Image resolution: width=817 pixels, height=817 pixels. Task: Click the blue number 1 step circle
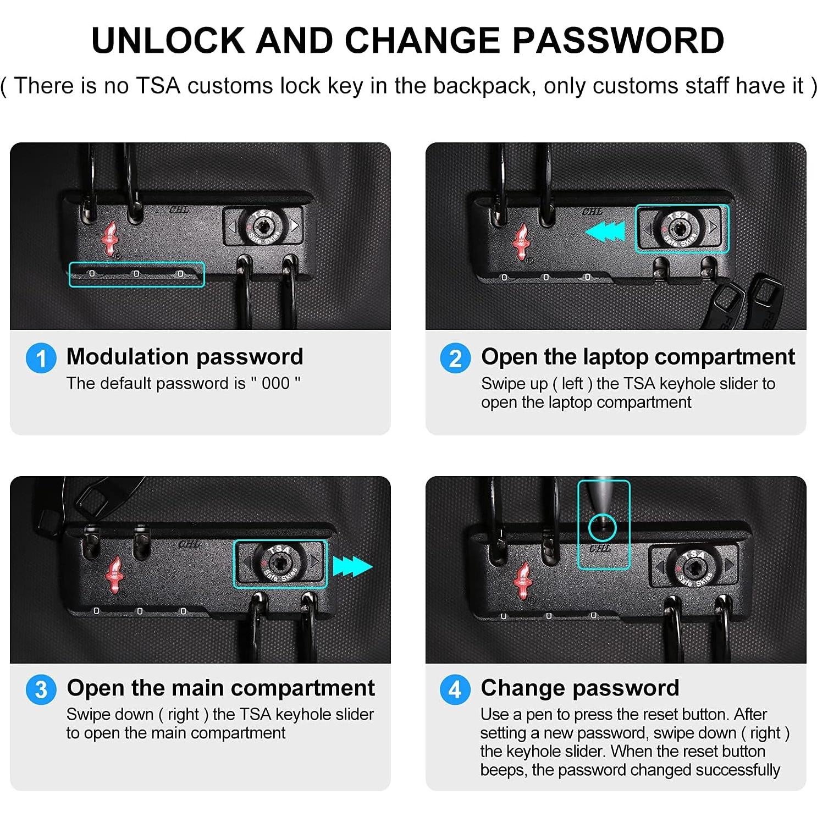41,358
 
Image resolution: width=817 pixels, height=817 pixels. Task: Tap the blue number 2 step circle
455,358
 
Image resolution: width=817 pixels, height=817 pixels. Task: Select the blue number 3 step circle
41,689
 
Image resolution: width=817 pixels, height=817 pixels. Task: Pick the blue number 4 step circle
455,689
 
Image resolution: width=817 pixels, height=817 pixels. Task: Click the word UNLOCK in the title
168,40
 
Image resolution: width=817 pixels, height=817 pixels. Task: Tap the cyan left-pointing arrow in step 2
605,231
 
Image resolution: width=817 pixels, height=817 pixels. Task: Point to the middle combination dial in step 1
136,273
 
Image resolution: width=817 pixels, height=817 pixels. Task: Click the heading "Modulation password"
185,357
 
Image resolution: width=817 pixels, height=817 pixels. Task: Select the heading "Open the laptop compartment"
638,357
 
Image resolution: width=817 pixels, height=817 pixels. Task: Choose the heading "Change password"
580,688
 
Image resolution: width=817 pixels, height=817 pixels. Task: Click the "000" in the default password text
275,383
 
